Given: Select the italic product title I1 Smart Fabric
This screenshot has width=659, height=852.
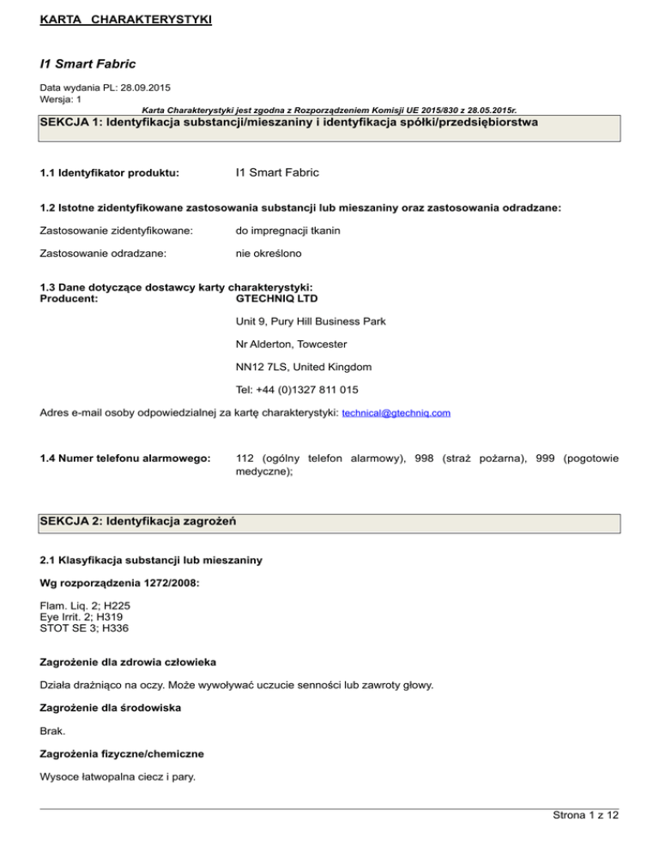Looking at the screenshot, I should tap(88, 63).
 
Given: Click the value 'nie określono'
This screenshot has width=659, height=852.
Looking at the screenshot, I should tap(269, 255).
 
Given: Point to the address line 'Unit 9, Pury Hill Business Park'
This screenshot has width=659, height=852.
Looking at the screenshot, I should tap(310, 321).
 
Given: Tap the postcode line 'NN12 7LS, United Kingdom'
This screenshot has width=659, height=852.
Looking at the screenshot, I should tap(303, 367).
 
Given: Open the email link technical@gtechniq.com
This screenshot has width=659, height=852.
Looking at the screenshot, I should tap(396, 413).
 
